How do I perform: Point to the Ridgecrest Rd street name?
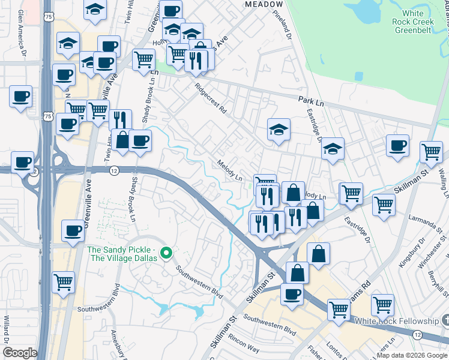211,98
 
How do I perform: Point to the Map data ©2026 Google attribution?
412,355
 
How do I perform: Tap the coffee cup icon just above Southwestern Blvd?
292,294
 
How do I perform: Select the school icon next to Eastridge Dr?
333,149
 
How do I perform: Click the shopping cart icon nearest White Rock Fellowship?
382,305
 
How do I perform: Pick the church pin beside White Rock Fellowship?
445,319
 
